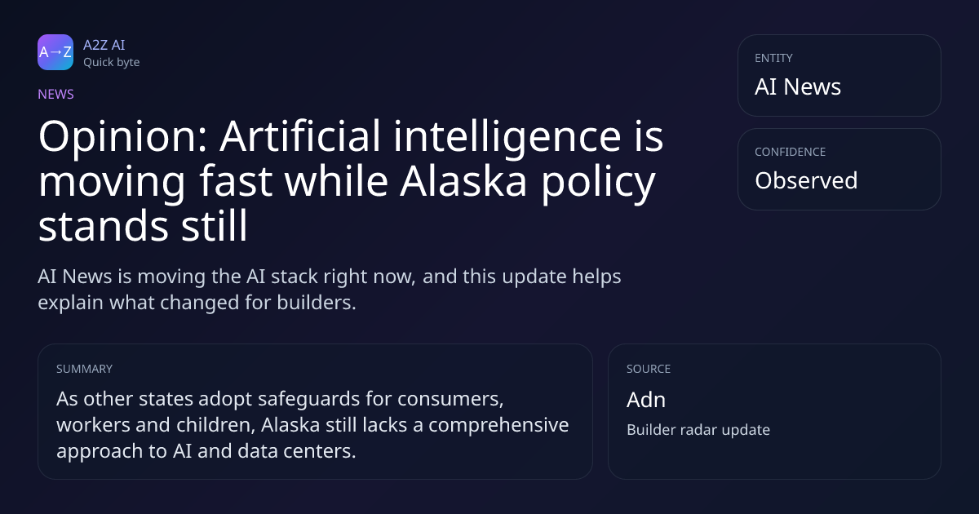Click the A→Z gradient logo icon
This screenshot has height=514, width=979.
tap(55, 52)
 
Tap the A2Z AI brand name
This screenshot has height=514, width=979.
tap(104, 45)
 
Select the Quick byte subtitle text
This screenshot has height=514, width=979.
tap(112, 63)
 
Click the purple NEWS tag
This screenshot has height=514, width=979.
tap(56, 95)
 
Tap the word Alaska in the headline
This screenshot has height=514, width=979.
tap(463, 181)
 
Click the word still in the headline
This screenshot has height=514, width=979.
tap(215, 225)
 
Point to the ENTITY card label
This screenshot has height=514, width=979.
tap(773, 58)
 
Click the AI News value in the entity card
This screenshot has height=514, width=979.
tap(798, 86)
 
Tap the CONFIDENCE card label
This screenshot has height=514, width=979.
tap(791, 152)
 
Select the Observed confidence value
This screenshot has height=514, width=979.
tap(806, 180)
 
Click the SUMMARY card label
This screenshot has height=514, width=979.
tap(84, 369)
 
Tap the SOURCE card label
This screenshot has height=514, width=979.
tap(649, 369)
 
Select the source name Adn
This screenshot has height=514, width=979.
tap(646, 400)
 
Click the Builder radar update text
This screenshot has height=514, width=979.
tap(698, 430)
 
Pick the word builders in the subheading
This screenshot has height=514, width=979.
tap(317, 303)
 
